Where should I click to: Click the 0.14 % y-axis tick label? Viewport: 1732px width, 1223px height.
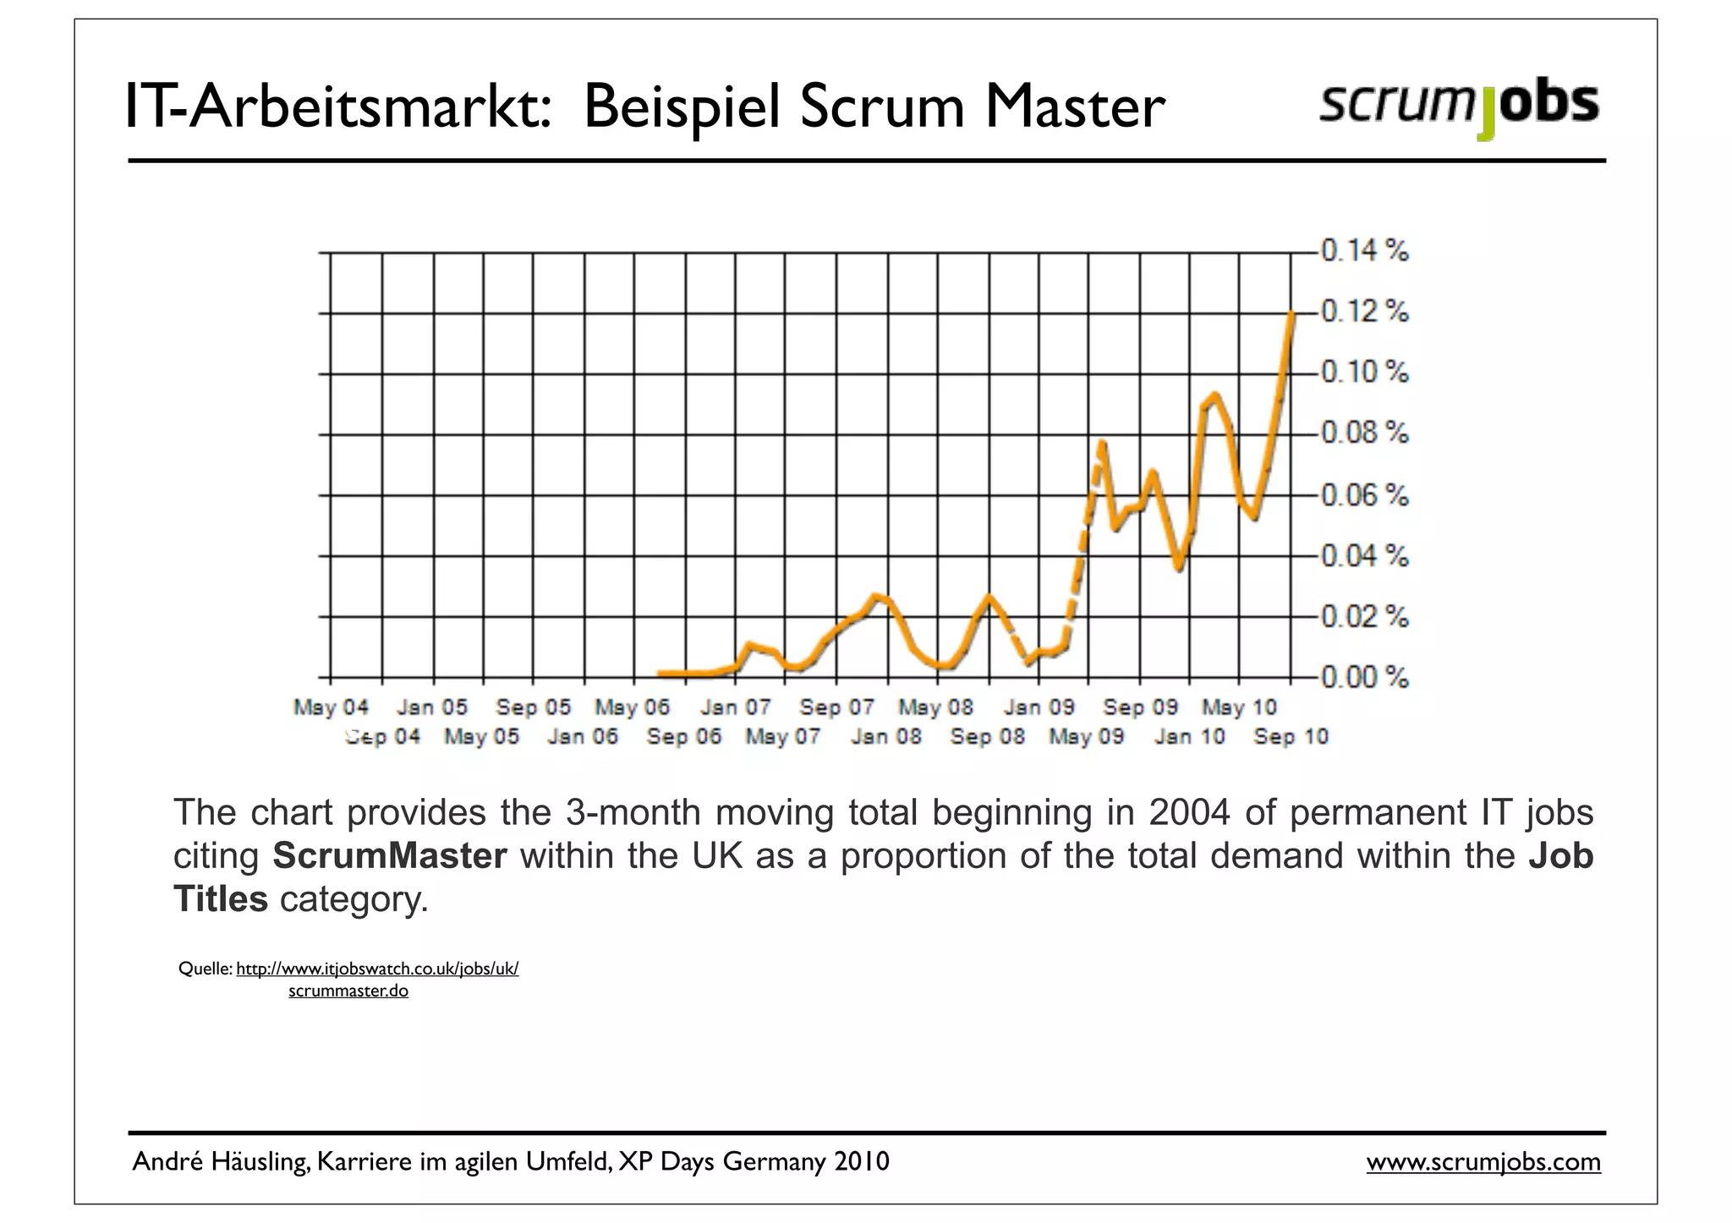coord(1364,251)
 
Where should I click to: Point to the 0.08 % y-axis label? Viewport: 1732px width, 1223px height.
coord(1364,434)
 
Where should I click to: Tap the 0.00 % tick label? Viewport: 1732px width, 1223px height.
coord(1364,677)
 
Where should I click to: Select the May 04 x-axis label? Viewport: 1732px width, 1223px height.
coord(332,707)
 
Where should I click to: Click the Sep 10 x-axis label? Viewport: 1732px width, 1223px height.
coord(1291,737)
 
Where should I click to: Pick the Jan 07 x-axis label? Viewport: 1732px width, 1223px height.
coord(736,707)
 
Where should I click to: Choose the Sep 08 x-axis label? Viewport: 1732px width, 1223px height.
coord(987,737)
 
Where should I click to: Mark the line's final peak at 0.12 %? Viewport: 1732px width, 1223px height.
coord(1291,314)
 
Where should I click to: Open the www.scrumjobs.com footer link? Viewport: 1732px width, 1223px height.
coord(1483,1162)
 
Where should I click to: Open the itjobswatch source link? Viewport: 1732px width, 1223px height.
coord(377,969)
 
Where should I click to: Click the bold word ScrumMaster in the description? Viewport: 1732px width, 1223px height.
coord(389,856)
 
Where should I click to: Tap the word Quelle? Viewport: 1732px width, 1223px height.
coord(204,969)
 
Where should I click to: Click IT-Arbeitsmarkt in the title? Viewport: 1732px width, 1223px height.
coord(338,108)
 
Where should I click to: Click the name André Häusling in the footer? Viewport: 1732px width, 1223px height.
coord(221,1162)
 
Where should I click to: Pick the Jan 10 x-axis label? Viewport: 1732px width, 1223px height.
coord(1189,737)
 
